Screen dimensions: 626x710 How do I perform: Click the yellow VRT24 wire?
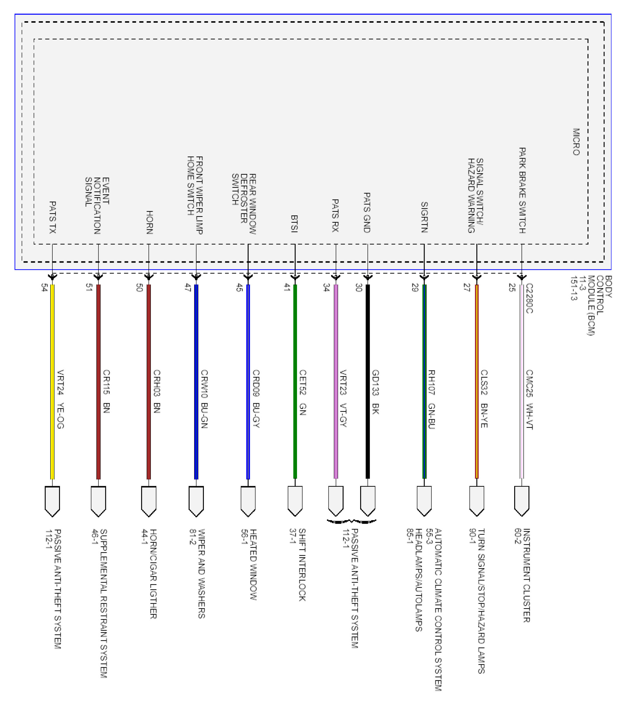(x=52, y=381)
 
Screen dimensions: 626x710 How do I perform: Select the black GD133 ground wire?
(x=368, y=381)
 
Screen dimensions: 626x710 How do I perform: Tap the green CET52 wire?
(x=295, y=381)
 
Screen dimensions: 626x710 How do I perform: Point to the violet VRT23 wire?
(x=336, y=381)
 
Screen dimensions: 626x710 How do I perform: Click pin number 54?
(x=44, y=288)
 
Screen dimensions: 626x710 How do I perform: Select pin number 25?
(x=512, y=288)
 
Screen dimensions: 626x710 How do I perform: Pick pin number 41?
(x=287, y=288)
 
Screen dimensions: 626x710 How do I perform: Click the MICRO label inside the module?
(x=576, y=142)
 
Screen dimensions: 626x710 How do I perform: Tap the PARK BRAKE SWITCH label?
(x=522, y=190)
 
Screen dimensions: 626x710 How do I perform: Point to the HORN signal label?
(x=150, y=222)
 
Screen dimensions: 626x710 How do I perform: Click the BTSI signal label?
(x=294, y=224)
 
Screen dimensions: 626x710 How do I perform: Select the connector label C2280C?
(x=529, y=298)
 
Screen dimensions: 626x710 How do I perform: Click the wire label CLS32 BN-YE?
(x=484, y=399)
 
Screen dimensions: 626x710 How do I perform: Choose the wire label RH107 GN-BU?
(x=431, y=399)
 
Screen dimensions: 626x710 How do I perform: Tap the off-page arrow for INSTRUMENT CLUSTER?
(x=522, y=501)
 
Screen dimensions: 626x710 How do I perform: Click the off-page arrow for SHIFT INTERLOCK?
(x=295, y=501)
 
